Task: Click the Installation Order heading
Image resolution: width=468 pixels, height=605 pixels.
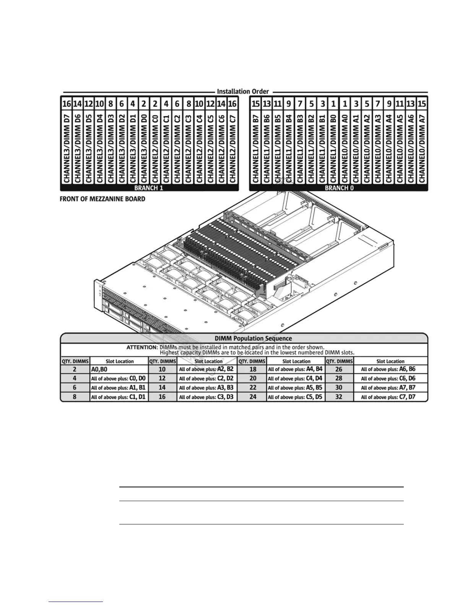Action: (x=243, y=92)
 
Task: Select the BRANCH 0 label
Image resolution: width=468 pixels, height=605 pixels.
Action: (x=336, y=188)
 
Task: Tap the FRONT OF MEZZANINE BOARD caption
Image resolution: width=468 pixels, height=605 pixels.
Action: (x=102, y=199)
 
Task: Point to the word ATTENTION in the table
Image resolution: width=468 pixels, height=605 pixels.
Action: (x=142, y=348)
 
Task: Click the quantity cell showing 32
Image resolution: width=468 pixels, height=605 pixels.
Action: (x=339, y=397)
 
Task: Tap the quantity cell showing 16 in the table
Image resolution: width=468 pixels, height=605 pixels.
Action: (x=162, y=397)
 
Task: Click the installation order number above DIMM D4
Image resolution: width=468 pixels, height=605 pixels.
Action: (x=99, y=104)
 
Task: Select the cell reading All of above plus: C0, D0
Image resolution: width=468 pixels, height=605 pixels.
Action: (x=119, y=379)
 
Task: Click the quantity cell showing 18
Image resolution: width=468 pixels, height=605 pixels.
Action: (x=252, y=369)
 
